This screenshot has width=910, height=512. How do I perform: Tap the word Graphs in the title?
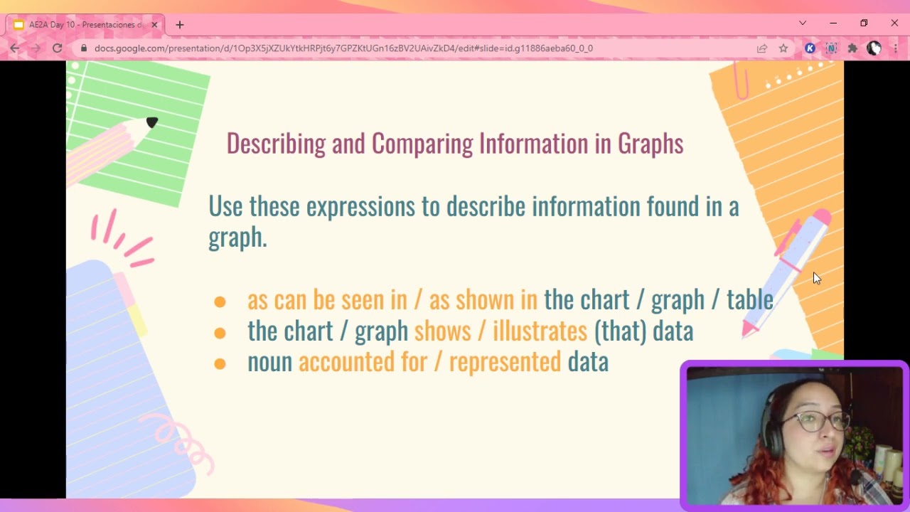pos(650,144)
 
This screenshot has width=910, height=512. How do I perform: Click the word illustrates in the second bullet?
pos(540,331)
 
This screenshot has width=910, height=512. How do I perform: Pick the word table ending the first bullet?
pos(749,299)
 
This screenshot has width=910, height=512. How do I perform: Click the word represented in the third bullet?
pos(505,362)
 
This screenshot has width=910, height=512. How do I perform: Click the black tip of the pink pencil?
pos(151,123)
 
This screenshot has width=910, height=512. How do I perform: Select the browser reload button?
pos(58,48)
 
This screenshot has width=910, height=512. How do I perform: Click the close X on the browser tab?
pos(155,25)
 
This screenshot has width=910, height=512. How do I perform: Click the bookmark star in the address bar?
pos(783,48)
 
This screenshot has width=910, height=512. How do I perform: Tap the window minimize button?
pos(833,23)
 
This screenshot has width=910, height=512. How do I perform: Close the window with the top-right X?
pos(894,23)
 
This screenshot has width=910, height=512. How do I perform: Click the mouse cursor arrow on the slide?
pos(816,278)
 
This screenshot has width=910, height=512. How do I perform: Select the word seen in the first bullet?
pos(362,300)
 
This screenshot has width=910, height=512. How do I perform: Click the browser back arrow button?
pos(15,48)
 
